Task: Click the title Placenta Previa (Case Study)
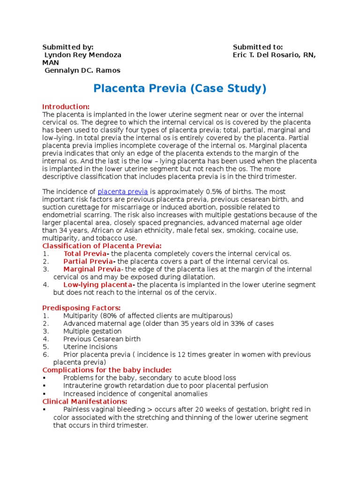180,89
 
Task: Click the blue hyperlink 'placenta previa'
122,192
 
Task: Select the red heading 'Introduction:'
66,106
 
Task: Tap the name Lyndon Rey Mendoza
82,55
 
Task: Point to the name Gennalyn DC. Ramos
82,70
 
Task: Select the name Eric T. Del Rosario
268,55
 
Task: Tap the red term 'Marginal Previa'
91,269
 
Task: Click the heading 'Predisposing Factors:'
82,308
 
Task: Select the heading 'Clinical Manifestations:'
85,402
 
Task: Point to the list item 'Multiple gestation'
92,331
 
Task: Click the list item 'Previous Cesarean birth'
102,339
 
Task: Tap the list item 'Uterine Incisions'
90,347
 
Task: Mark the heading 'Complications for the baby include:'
107,370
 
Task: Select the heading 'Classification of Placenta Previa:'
102,246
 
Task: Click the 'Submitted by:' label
68,47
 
